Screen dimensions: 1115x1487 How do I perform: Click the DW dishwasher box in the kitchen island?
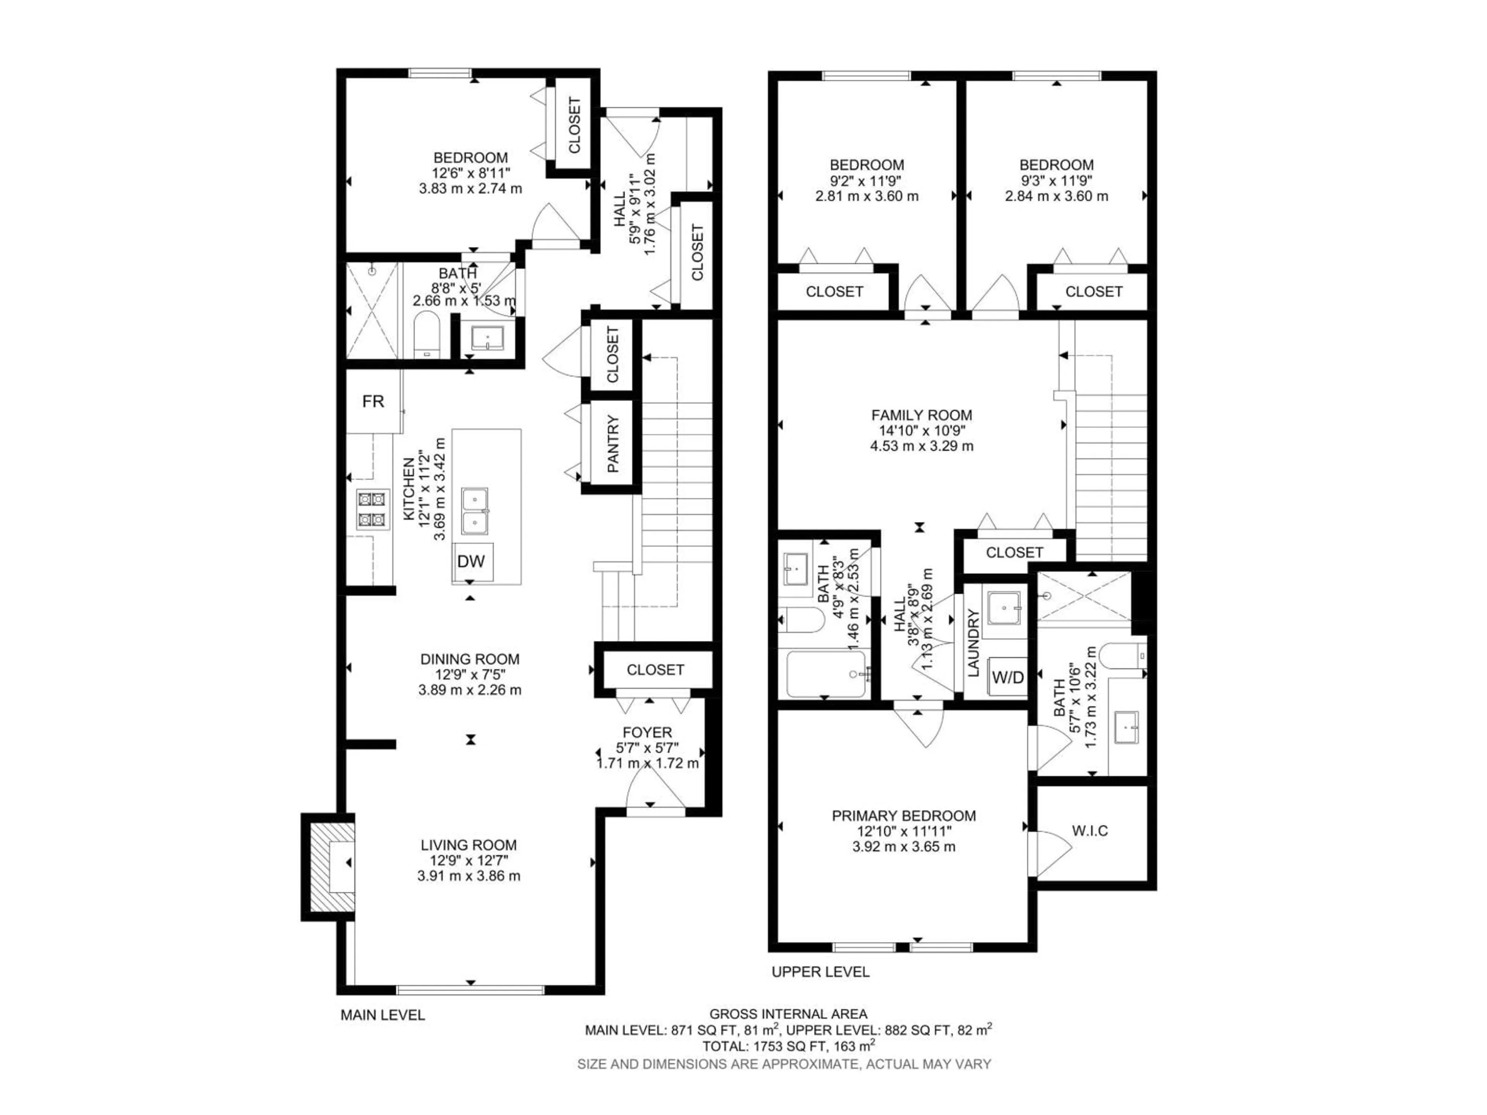tap(471, 561)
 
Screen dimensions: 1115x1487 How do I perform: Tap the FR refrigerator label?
tap(373, 401)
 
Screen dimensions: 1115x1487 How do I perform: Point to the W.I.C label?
tap(1090, 831)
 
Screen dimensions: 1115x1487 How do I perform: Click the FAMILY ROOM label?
tap(921, 415)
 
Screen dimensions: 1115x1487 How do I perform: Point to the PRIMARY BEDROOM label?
tap(903, 816)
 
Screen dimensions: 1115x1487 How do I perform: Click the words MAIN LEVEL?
tap(383, 1015)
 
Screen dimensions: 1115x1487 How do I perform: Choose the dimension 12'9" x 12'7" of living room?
tap(469, 860)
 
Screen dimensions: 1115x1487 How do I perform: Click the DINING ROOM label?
tap(469, 659)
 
